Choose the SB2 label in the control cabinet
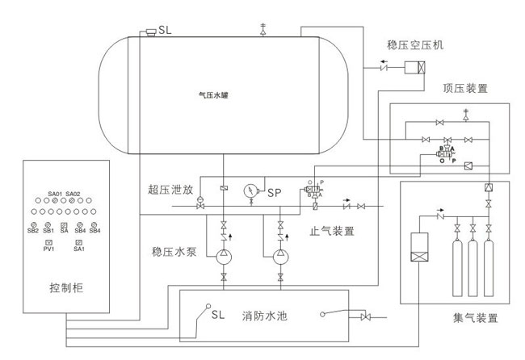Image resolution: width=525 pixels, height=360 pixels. (x=34, y=231)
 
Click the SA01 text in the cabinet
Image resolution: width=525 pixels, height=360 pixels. (x=56, y=194)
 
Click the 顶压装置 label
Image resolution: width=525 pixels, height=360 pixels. (x=465, y=88)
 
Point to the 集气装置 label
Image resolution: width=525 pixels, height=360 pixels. (x=472, y=317)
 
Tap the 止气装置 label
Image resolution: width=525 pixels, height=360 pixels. (x=332, y=231)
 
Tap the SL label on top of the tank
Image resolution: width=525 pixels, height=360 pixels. (x=165, y=30)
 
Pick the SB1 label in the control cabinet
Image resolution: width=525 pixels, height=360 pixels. (x=48, y=231)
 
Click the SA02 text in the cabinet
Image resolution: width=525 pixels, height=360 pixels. (x=74, y=194)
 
